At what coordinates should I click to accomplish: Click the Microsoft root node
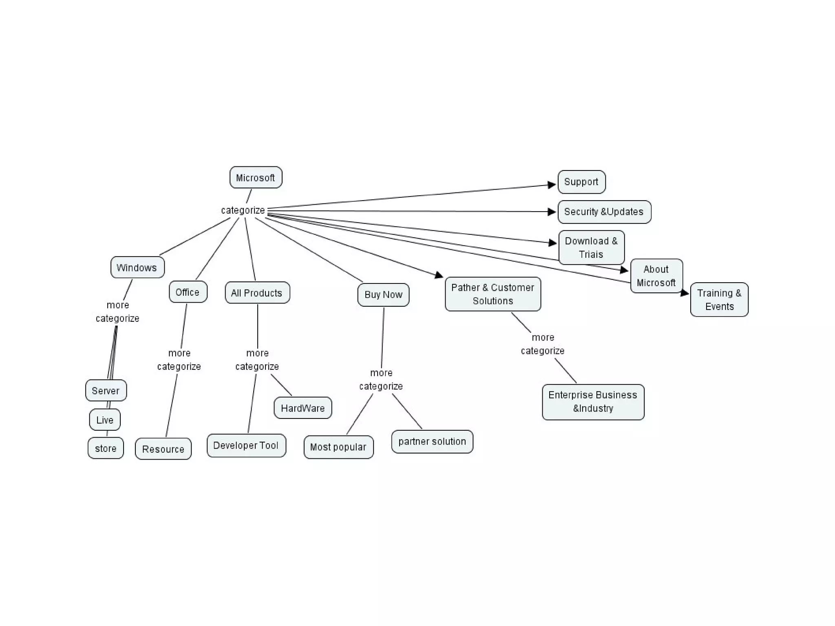[x=256, y=177]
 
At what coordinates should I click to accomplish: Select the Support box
[x=581, y=182]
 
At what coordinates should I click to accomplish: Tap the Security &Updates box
[x=604, y=212]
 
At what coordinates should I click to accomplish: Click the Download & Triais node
[x=591, y=248]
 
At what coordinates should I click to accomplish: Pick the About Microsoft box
[x=656, y=276]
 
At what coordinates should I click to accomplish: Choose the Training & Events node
[x=719, y=300]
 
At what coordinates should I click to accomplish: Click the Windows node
[x=137, y=268]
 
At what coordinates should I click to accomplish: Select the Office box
[x=188, y=292]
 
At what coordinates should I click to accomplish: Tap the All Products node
[x=257, y=293]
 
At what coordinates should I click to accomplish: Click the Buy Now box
[x=383, y=294]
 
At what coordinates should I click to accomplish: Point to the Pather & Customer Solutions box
[x=493, y=294]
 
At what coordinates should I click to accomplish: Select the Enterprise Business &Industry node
[x=593, y=402]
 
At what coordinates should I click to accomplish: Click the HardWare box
[x=303, y=408]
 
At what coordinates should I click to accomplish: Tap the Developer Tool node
[x=246, y=445]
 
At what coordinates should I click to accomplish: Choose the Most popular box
[x=338, y=447]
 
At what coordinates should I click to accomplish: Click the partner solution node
[x=432, y=441]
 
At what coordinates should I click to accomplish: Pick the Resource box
[x=163, y=449]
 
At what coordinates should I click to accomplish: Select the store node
[x=106, y=448]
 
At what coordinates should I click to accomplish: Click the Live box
[x=105, y=420]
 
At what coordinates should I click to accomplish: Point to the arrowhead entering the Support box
[x=552, y=185]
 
